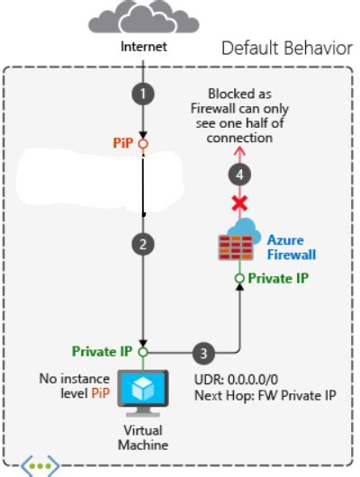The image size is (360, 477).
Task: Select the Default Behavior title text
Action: click(287, 48)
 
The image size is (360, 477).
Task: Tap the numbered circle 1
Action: click(142, 92)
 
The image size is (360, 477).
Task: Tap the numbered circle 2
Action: click(142, 243)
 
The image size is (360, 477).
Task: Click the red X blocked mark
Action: click(239, 204)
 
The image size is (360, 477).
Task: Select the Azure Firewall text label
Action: click(291, 247)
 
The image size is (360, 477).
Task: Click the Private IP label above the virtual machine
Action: click(103, 351)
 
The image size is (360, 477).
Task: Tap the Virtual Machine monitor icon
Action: click(141, 391)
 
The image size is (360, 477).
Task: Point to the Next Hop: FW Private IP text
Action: click(264, 395)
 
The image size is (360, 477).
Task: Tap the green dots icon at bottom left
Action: click(41, 466)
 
